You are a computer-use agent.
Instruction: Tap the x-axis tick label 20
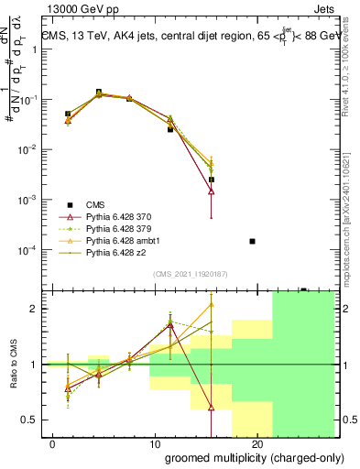tap(257, 444)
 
